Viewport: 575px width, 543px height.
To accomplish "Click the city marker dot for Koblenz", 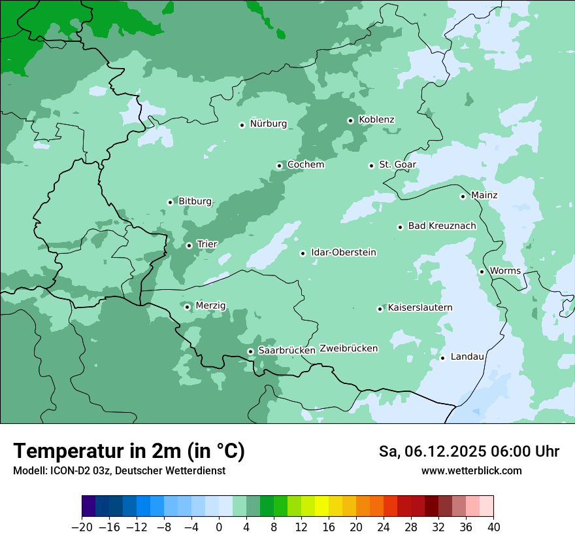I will tap(350, 120).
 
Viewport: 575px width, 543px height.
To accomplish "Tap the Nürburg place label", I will tap(268, 124).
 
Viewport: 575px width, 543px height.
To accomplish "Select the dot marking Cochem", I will tap(279, 166).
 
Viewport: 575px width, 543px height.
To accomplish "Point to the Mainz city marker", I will tap(463, 196).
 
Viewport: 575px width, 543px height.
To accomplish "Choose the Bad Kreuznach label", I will tap(442, 226).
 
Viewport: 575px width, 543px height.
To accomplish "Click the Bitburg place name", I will tap(195, 201).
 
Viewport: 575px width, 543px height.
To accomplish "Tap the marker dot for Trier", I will tap(189, 245).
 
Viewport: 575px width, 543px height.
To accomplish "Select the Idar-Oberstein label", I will tap(344, 253).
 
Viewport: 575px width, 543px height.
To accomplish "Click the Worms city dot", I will tap(482, 271).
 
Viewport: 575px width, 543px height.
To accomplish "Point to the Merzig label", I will tap(210, 306).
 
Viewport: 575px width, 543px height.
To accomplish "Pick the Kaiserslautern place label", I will tap(420, 307).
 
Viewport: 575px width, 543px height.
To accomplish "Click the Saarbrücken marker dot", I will tap(250, 351).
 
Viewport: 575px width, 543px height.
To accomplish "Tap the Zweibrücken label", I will tap(348, 349).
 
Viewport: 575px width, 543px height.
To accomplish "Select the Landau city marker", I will tap(442, 357).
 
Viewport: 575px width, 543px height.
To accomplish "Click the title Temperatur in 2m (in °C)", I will tap(129, 451).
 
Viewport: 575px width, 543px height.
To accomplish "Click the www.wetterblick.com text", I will tap(471, 471).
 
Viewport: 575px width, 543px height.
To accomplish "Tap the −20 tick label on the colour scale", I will tap(82, 527).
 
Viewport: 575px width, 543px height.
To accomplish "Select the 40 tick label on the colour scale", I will tap(493, 527).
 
